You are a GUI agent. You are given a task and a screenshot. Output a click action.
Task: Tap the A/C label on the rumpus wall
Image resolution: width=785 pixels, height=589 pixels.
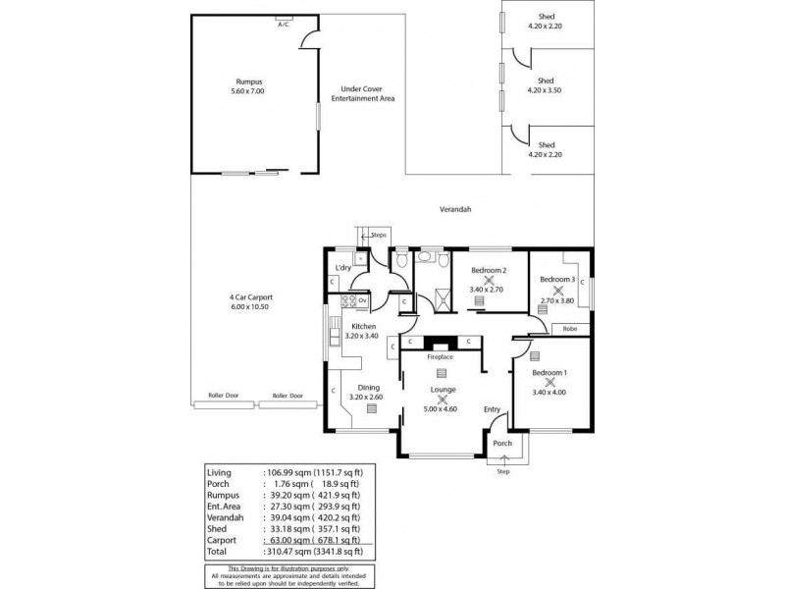tap(284, 23)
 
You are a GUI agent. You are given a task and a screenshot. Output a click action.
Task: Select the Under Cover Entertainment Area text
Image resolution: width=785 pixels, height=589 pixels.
tap(362, 93)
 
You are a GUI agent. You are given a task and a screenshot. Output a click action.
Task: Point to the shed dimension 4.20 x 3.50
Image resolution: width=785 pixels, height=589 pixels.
tap(546, 90)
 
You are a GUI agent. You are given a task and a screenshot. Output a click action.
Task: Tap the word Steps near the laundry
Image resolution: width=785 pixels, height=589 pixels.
tap(379, 236)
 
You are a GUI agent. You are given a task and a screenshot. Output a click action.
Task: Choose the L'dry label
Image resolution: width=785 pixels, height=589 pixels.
tap(343, 268)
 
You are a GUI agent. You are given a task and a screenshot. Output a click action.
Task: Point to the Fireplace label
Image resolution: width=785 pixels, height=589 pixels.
tap(440, 357)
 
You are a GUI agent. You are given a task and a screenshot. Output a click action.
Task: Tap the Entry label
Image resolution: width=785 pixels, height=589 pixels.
tap(493, 409)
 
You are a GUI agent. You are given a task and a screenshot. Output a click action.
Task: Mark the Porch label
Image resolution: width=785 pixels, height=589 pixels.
tap(501, 443)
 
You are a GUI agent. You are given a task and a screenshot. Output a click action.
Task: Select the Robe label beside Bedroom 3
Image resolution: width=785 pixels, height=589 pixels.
tap(569, 329)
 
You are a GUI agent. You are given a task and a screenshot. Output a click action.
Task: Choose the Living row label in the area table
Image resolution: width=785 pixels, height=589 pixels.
tap(220, 472)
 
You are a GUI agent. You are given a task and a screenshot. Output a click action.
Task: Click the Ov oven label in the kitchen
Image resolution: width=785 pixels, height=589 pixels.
tap(362, 300)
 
